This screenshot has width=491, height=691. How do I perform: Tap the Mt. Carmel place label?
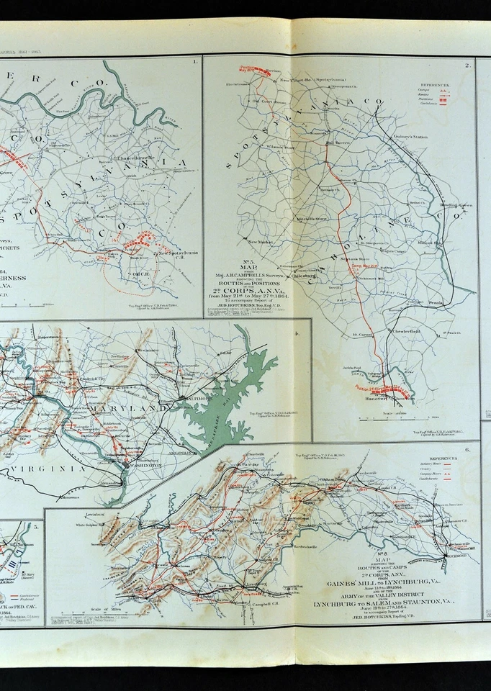point(364,335)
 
